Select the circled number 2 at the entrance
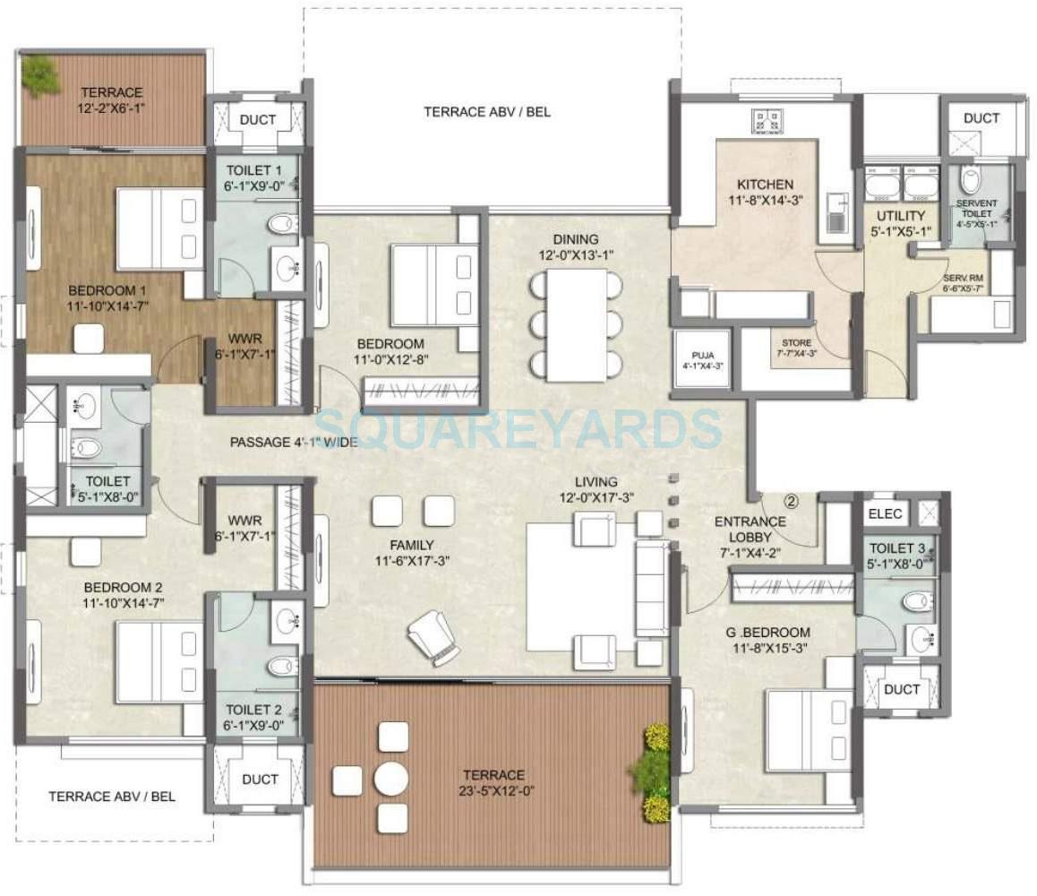pyautogui.click(x=791, y=502)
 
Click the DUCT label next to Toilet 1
pyautogui.click(x=259, y=119)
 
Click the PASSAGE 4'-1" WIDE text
pyautogui.click(x=294, y=442)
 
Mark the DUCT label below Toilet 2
pyautogui.click(x=260, y=779)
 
